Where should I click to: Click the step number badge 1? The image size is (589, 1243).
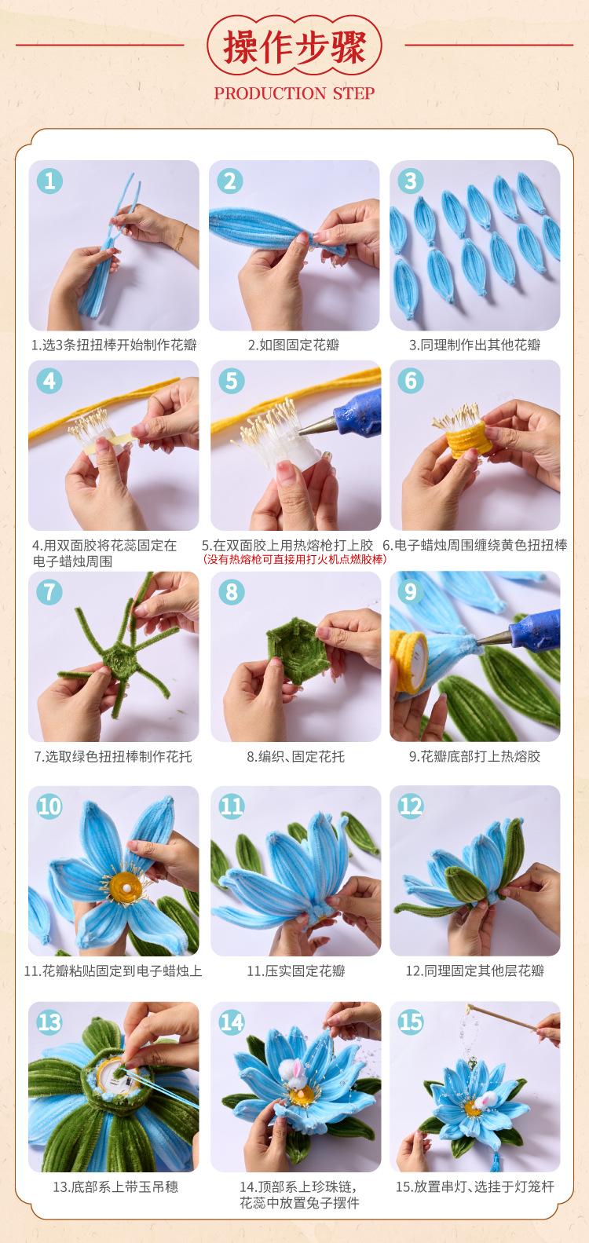(49, 181)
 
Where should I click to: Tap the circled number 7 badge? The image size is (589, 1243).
(49, 591)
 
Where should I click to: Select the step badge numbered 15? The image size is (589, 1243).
(411, 1022)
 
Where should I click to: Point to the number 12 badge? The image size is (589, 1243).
(411, 806)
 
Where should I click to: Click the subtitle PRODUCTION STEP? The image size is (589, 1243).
(294, 93)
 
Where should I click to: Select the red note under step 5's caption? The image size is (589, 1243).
(294, 559)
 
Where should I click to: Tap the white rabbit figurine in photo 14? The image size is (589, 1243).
(294, 1073)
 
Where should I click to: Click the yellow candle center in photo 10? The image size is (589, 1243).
(126, 887)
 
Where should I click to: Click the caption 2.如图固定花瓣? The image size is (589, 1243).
(294, 345)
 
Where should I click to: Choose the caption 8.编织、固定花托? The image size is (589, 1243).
(295, 756)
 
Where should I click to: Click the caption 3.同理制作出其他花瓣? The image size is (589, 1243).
(474, 345)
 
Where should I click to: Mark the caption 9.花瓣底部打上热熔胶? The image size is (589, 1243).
(474, 756)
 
